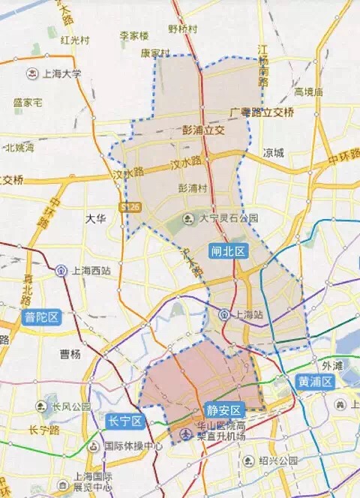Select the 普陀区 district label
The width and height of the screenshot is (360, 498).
pyautogui.click(x=41, y=316)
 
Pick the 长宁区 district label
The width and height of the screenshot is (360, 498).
pyautogui.click(x=124, y=421)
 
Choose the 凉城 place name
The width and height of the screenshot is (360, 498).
pyautogui.click(x=273, y=152)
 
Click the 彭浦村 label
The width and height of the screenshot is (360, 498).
pyautogui.click(x=193, y=187)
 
